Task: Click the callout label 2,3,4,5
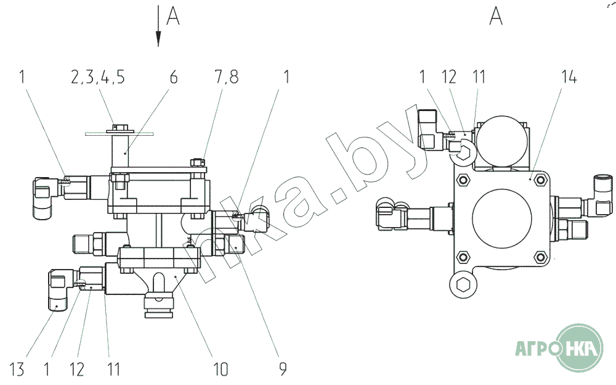(98, 77)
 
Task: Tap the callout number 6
(173, 77)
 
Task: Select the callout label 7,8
(226, 77)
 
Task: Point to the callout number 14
(569, 77)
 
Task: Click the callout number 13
(17, 369)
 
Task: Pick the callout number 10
(221, 369)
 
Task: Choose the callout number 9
(283, 369)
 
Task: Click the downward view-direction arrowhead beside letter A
(158, 39)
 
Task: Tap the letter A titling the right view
(496, 16)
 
